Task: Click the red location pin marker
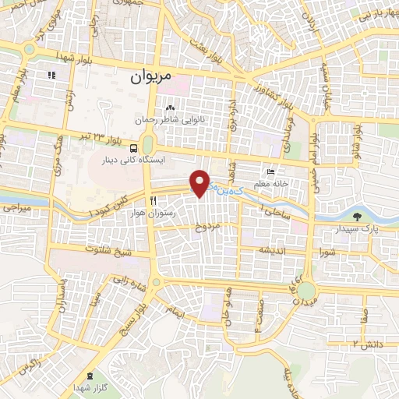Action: [x=200, y=182]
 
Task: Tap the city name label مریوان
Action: [x=145, y=77]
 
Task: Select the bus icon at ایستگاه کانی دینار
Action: [x=135, y=147]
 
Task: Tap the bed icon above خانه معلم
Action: [x=270, y=172]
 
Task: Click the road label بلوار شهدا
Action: [x=76, y=58]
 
